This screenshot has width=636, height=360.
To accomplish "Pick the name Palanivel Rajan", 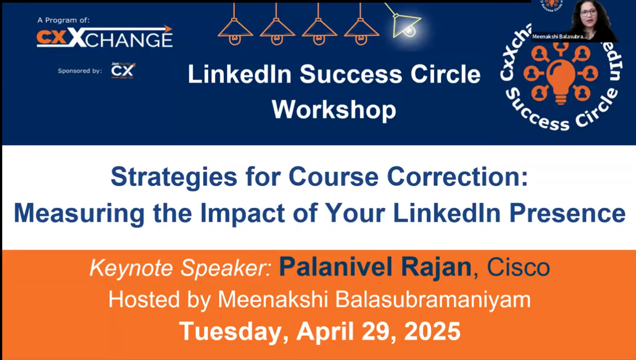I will [x=375, y=268].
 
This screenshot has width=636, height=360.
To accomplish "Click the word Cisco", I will [x=518, y=268].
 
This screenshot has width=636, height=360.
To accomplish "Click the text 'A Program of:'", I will [x=64, y=20].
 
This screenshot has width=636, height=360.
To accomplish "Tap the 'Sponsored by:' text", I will [x=80, y=71].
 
